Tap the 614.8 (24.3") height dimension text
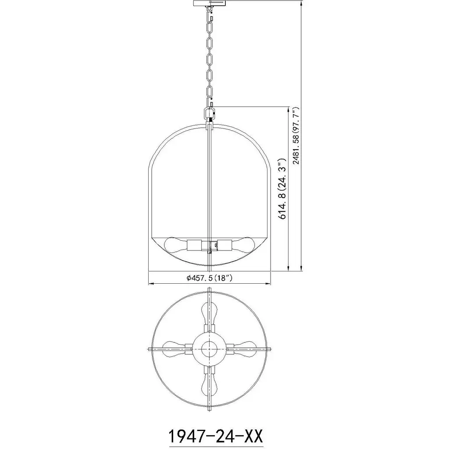coord(282,189)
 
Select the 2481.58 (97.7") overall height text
coord(296,135)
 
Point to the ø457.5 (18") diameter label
coord(209,278)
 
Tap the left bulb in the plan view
coord(174,349)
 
